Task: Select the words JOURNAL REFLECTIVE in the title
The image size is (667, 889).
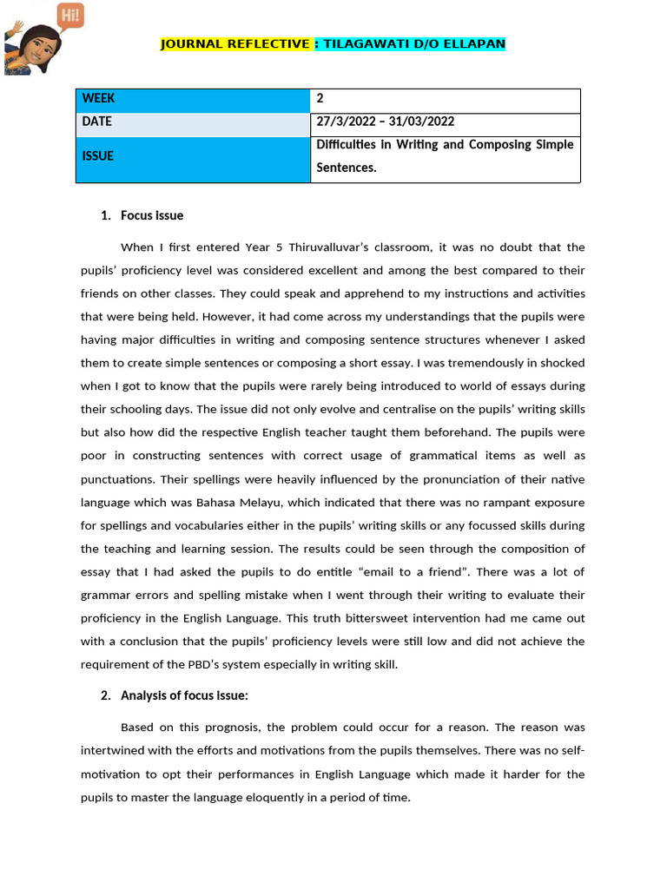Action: click(x=235, y=43)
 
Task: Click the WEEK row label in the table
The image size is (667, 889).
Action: click(x=98, y=99)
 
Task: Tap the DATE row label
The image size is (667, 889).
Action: click(x=97, y=122)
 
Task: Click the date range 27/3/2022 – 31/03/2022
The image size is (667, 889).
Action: click(x=386, y=122)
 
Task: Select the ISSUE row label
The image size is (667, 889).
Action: click(x=98, y=156)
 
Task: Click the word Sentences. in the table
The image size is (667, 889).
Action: click(x=347, y=168)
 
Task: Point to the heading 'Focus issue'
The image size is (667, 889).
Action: click(x=152, y=215)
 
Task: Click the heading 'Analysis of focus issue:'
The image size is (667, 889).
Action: click(x=185, y=695)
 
